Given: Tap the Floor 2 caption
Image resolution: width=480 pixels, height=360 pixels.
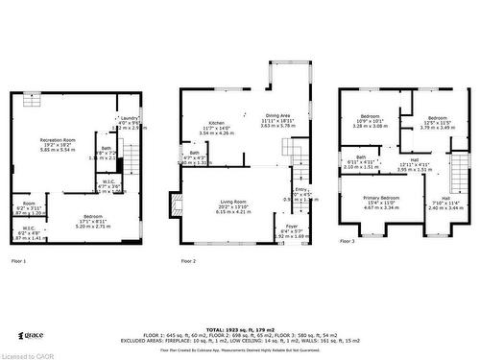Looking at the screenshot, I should pyautogui.click(x=189, y=261).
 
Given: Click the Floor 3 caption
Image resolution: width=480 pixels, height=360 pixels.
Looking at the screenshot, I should pyautogui.click(x=347, y=242).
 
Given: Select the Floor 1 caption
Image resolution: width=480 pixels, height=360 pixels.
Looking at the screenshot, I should pyautogui.click(x=18, y=261).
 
